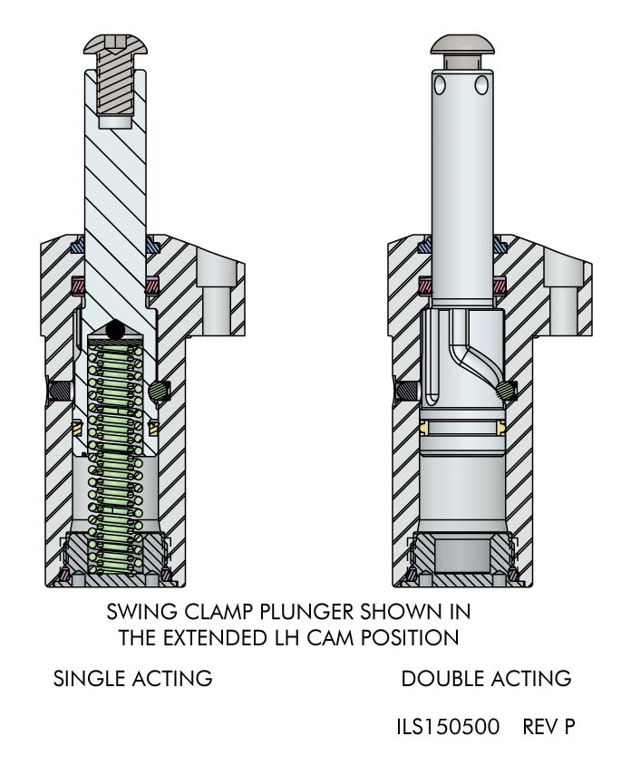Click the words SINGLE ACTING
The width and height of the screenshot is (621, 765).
132,679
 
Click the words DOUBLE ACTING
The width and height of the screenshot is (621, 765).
486,679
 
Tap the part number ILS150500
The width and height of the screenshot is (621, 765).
449,726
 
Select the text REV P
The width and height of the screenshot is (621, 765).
548,726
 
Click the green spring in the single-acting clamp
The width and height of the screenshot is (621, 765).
116,459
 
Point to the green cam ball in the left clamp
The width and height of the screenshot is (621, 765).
157,391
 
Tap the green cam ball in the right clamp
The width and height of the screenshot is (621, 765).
504,390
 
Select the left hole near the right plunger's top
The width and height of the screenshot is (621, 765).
441,85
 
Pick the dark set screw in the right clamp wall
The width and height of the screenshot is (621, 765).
407,391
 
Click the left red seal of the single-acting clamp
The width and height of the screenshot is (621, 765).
79,284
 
